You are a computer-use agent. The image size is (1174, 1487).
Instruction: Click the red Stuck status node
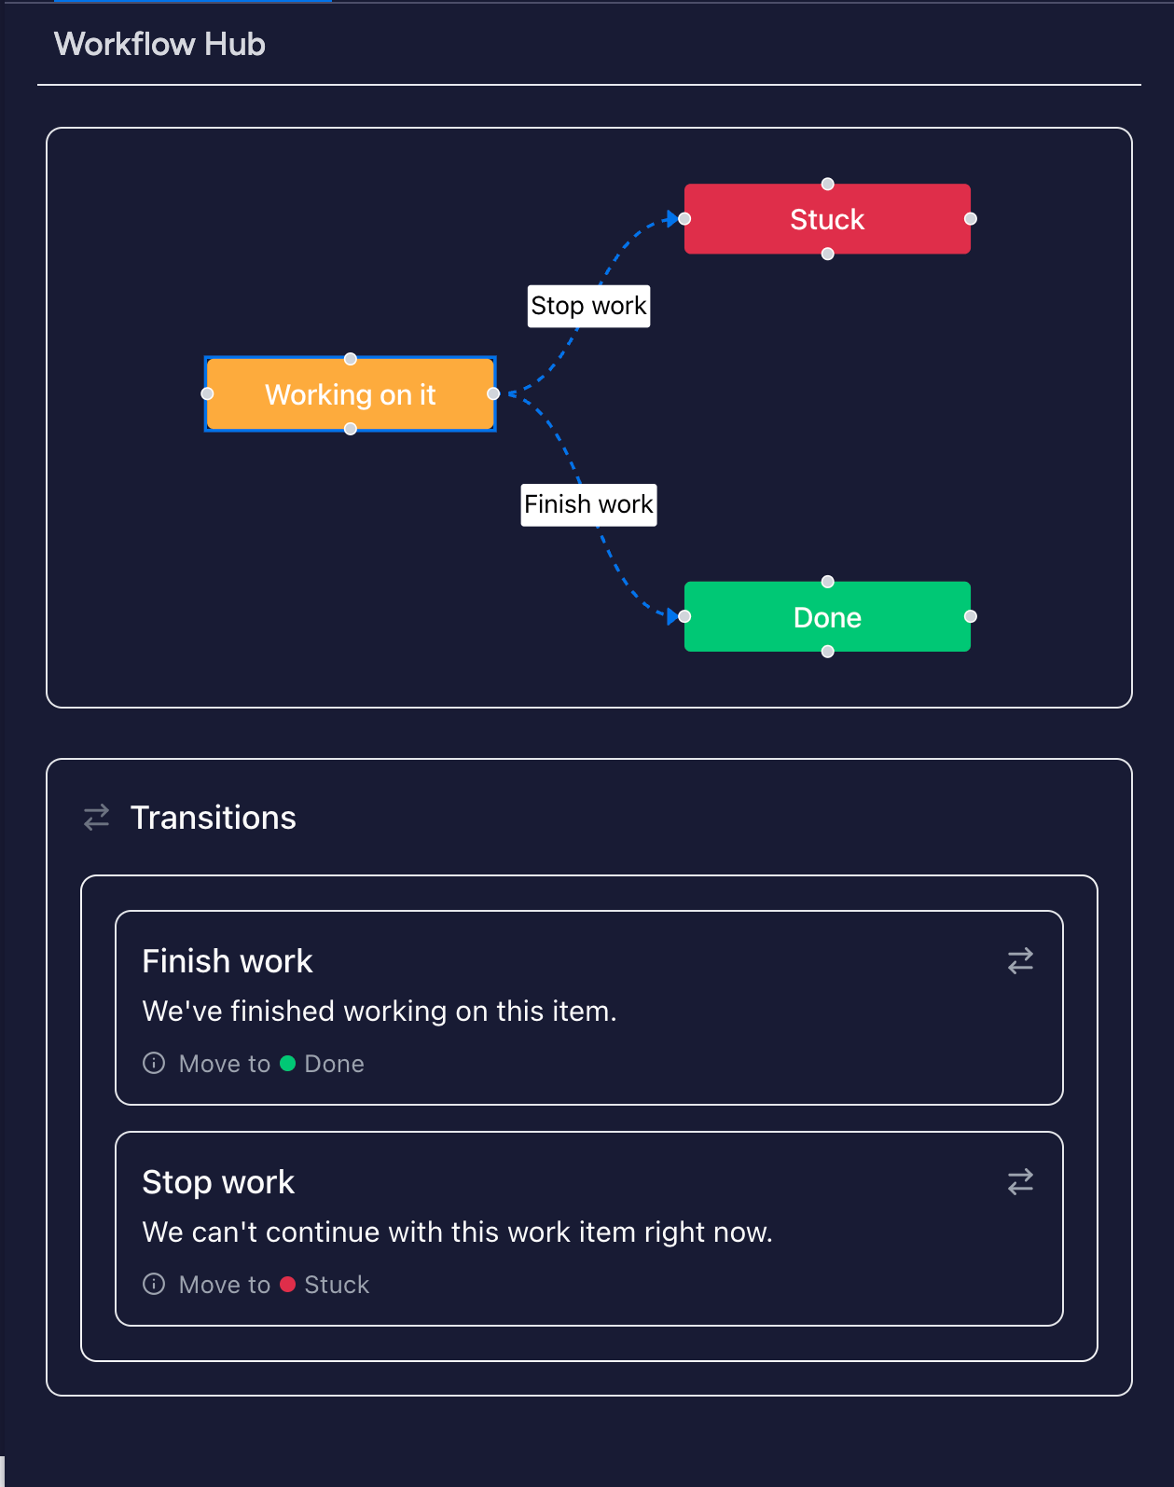pos(827,219)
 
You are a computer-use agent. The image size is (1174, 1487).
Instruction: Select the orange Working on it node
pos(350,394)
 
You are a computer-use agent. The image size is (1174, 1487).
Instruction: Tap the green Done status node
pos(827,617)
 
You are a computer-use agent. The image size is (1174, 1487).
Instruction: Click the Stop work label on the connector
pos(588,306)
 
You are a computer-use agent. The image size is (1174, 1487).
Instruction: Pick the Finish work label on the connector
pos(588,504)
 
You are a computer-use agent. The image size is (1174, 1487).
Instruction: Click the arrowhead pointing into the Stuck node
pos(670,220)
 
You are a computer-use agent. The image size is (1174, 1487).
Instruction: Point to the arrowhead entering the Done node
pos(672,616)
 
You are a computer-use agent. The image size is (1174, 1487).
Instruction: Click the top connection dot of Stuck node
pos(827,184)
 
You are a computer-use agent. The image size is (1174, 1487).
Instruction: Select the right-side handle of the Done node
pos(971,616)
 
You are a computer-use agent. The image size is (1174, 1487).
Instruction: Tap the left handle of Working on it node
pos(207,393)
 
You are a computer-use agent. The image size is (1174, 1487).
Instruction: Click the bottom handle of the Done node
pos(827,652)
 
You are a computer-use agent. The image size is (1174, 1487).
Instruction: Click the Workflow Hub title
pos(159,44)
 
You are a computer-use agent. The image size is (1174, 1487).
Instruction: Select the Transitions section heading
pos(213,818)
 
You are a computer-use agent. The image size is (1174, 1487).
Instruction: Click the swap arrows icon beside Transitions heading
pos(97,818)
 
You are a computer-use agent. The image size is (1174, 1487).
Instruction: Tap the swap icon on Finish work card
pos(1020,961)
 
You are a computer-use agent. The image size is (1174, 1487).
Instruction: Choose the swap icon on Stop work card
pos(1020,1182)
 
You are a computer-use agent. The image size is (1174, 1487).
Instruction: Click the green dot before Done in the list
pos(287,1064)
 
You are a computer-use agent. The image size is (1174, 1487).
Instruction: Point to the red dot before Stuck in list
pos(287,1285)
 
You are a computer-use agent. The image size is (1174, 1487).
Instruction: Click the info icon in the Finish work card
pos(154,1064)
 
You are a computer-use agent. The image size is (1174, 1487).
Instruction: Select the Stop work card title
pos(218,1182)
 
